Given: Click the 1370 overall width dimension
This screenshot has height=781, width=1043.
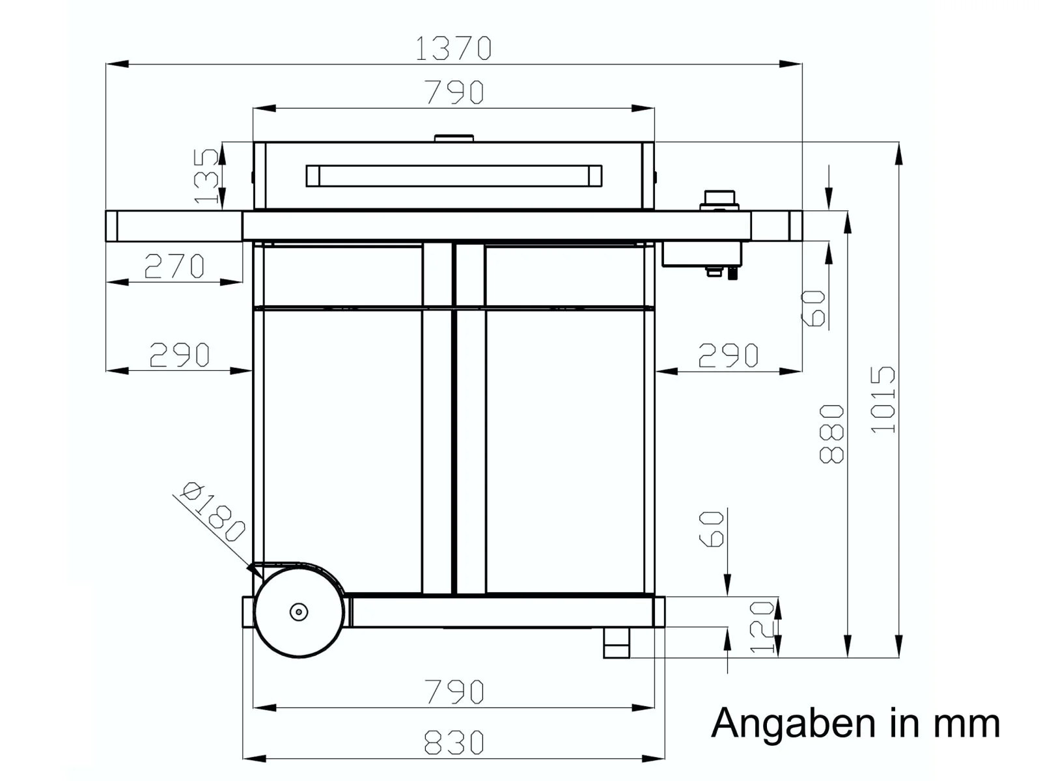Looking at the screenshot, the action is point(453,48).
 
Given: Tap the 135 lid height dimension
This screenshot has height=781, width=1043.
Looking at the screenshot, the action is point(207,176).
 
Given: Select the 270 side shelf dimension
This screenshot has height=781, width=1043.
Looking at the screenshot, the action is point(174,266).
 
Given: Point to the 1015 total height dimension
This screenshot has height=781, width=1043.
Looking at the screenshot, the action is point(883,400).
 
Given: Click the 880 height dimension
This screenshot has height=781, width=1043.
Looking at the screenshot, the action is point(831,433).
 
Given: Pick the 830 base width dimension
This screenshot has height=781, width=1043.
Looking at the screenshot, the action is point(454,743).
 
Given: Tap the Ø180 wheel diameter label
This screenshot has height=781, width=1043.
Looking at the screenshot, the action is point(214,512).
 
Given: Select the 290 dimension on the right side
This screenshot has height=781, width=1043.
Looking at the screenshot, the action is point(728,355).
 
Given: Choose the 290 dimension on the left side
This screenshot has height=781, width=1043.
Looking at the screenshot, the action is point(180,355).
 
